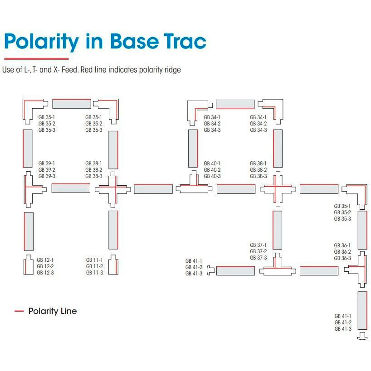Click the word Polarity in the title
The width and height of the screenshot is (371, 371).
pyautogui.click(x=41, y=42)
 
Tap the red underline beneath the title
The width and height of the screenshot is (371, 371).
pyautogui.click(x=36, y=59)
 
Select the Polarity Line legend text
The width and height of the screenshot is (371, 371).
pyautogui.click(x=52, y=311)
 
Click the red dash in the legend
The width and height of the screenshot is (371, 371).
pyautogui.click(x=19, y=311)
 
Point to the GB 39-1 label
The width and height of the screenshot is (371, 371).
pyautogui.click(x=47, y=163)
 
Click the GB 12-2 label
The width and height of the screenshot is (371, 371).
pyautogui.click(x=45, y=266)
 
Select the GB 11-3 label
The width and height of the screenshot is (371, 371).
pyautogui.click(x=94, y=272)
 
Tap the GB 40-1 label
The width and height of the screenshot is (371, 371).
pyautogui.click(x=212, y=163)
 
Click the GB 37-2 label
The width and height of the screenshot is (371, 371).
pyautogui.click(x=258, y=251)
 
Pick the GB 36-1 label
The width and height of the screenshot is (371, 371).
pyautogui.click(x=342, y=246)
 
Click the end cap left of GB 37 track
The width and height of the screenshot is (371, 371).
pyautogui.click(x=210, y=270)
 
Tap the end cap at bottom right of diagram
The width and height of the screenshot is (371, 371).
pyautogui.click(x=362, y=336)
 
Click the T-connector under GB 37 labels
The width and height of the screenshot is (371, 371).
pyautogui.click(x=277, y=269)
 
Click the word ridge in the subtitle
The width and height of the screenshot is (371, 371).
pyautogui.click(x=173, y=70)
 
